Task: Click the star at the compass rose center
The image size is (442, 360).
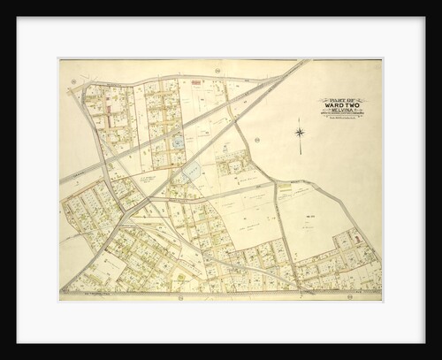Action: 299,134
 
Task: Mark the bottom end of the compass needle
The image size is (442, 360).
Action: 299,154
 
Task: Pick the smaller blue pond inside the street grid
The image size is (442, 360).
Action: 178,140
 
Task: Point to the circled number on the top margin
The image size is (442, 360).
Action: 217,68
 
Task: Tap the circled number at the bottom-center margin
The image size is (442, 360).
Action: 180,298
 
